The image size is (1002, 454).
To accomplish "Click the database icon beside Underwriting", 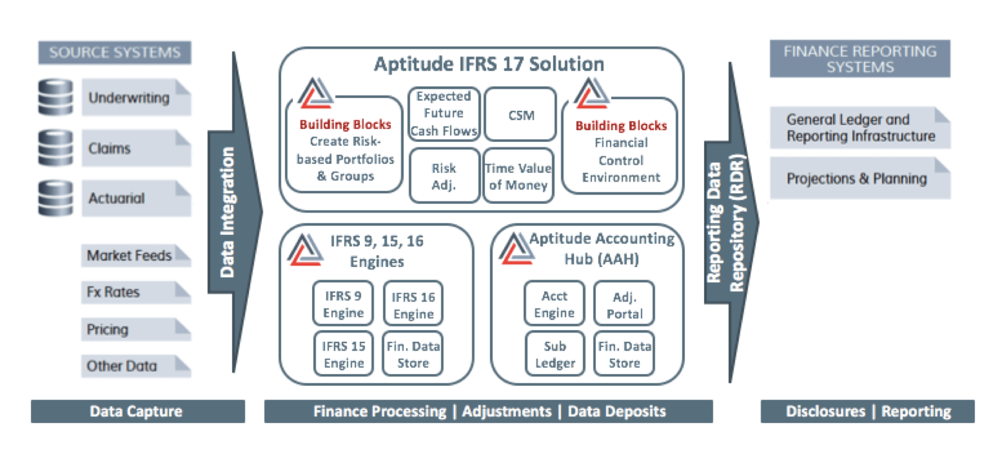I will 56,97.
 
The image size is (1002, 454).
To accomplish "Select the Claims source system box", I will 136,148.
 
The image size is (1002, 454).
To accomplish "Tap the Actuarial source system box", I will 136,198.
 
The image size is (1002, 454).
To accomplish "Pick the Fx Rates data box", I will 135,292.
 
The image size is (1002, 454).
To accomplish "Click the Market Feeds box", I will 135,255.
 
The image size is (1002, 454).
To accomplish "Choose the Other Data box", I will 135,366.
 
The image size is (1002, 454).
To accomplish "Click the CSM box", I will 520,115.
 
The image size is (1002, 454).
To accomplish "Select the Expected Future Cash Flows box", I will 443,114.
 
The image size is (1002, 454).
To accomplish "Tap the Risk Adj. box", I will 444,177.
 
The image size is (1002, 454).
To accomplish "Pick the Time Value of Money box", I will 518,177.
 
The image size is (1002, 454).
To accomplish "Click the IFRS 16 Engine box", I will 413,305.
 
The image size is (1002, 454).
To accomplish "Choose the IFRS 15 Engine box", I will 344,354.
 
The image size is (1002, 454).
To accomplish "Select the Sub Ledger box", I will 555,354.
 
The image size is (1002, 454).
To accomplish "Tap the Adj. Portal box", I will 624,305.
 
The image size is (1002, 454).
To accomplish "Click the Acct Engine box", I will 554,304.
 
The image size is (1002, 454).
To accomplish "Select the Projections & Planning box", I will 859,179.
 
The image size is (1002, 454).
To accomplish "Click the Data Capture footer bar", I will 137,411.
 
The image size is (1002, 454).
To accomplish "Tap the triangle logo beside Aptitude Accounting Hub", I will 516,248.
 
